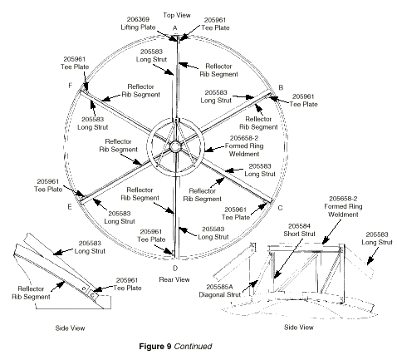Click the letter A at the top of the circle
pyautogui.click(x=174, y=28)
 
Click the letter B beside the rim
pyautogui.click(x=281, y=87)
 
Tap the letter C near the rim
pyautogui.click(x=280, y=208)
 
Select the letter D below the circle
pyautogui.click(x=175, y=269)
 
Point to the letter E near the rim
pyautogui.click(x=70, y=207)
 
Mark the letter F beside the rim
pyautogui.click(x=71, y=86)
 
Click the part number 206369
pyautogui.click(x=138, y=19)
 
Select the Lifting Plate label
pyautogui.click(x=138, y=27)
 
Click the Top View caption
pyautogui.click(x=177, y=15)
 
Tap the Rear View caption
pyautogui.click(x=174, y=279)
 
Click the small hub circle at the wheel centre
pyautogui.click(x=175, y=146)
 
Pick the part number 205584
pyautogui.click(x=299, y=226)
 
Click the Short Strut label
pyautogui.click(x=299, y=234)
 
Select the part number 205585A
pyautogui.click(x=219, y=287)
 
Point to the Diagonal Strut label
pyautogui.click(x=219, y=294)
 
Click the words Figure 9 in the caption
pyautogui.click(x=155, y=347)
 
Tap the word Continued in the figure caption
pyautogui.click(x=194, y=347)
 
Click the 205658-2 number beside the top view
pyautogui.click(x=244, y=138)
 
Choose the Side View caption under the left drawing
pyautogui.click(x=70, y=328)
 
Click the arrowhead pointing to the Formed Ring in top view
pyautogui.click(x=208, y=150)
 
